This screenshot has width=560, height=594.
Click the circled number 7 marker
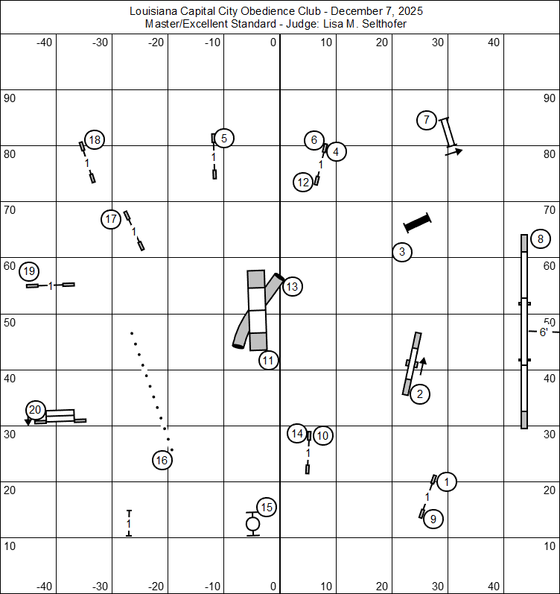point(426,120)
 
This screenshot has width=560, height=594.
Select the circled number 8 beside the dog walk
point(541,239)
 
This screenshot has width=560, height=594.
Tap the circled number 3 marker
point(402,252)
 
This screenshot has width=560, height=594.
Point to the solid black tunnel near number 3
point(418,223)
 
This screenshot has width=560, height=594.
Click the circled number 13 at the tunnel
point(292,286)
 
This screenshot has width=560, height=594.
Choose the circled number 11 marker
point(269,361)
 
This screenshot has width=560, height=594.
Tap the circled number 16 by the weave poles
point(162,461)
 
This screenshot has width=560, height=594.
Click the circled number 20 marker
point(36,409)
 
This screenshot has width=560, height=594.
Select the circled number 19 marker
point(29,271)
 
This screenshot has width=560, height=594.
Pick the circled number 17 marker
point(111,219)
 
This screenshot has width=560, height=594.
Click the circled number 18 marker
point(94,139)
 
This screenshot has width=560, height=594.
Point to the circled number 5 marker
point(223,138)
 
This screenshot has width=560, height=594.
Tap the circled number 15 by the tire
point(267,508)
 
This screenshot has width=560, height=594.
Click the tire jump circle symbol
point(253,524)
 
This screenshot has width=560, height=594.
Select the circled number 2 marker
point(420,394)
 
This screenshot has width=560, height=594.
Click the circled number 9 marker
point(433,519)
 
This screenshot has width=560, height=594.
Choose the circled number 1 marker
point(446,482)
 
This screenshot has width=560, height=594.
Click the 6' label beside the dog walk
point(544,332)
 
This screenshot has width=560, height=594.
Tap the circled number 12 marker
point(303,183)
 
